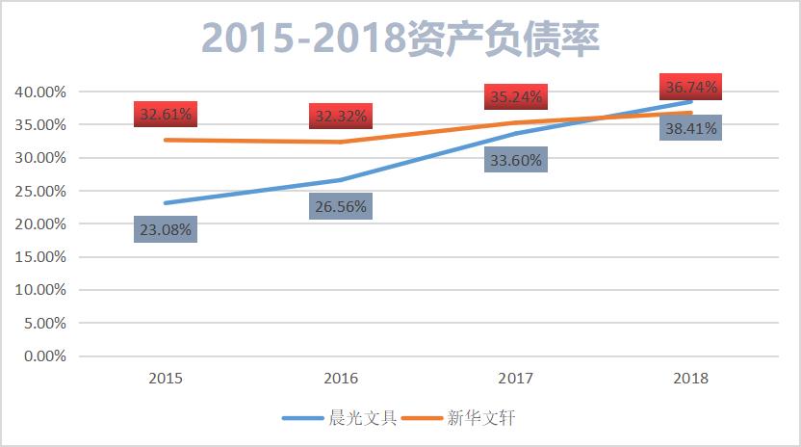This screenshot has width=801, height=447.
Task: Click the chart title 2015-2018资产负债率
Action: point(400,39)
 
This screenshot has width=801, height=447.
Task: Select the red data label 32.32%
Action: point(341,116)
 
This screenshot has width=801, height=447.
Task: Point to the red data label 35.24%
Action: point(516,96)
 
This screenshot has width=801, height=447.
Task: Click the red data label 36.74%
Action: point(689,87)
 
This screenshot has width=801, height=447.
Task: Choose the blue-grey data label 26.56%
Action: point(341,206)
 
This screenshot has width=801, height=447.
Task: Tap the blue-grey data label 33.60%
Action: point(516,160)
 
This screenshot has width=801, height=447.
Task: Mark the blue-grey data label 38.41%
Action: point(689,127)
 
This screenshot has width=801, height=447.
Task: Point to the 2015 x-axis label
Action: point(167,378)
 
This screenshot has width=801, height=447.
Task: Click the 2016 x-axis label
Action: point(341,378)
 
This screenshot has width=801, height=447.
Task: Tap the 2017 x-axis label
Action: point(516,378)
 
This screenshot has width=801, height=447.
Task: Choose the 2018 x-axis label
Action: point(689,378)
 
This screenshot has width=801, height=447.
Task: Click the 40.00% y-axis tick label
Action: point(40,92)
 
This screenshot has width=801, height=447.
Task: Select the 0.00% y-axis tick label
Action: point(44,356)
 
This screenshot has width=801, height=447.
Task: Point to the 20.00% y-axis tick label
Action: point(40,224)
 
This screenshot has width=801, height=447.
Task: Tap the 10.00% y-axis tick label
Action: point(40,290)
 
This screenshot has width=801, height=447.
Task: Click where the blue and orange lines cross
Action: point(604,118)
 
